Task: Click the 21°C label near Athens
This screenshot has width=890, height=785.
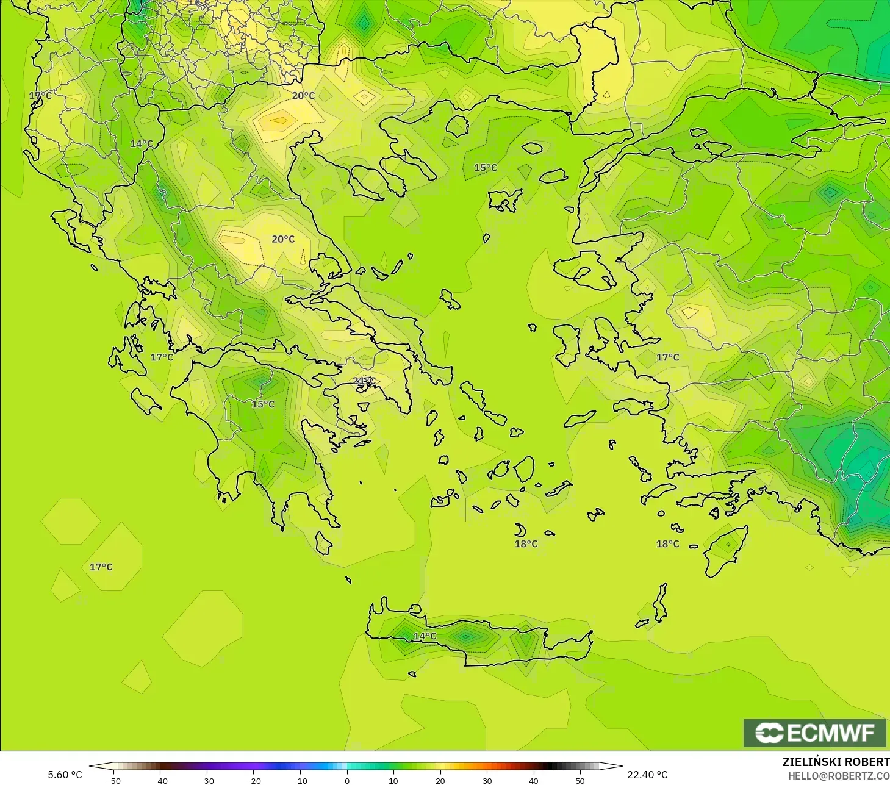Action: (364, 381)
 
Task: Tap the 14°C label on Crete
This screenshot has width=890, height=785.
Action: (425, 636)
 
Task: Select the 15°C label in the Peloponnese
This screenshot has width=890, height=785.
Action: (264, 404)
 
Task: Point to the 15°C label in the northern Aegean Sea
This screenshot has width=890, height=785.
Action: (486, 168)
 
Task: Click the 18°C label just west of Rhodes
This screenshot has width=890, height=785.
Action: (667, 544)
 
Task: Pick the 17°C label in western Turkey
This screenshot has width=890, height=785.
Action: (667, 357)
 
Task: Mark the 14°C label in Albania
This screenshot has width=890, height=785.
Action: (142, 144)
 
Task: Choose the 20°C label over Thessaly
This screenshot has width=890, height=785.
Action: (283, 239)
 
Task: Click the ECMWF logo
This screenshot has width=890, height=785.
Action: (814, 733)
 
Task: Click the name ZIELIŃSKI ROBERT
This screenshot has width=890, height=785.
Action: (836, 762)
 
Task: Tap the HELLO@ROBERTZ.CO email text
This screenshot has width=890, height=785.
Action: (838, 776)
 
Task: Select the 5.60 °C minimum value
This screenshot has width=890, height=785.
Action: (65, 775)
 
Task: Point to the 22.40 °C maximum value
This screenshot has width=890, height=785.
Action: (647, 775)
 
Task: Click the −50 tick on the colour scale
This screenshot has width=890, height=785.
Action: (113, 781)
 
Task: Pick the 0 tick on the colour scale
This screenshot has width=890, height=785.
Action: (346, 781)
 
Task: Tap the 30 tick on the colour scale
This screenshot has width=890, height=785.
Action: (487, 781)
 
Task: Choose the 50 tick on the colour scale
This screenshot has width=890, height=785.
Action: (580, 781)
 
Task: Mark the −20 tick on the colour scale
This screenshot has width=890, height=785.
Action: (253, 781)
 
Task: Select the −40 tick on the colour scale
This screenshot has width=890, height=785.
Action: (160, 781)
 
